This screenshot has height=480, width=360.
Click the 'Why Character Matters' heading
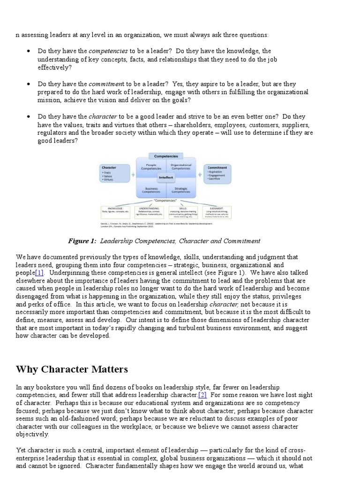click(72, 369)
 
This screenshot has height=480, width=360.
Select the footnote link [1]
click(39, 272)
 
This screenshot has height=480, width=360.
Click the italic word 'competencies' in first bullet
click(108, 51)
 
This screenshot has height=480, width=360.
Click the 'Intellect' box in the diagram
click(165, 178)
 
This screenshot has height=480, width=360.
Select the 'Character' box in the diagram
click(115, 174)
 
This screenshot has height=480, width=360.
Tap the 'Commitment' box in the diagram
click(217, 173)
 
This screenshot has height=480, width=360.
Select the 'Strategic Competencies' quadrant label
click(180, 190)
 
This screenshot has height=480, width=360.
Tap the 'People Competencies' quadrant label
click(151, 166)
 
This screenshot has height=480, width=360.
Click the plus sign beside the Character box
click(133, 174)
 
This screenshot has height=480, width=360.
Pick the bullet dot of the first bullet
click(29, 51)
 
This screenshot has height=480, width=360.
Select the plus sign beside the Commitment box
click(198, 174)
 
